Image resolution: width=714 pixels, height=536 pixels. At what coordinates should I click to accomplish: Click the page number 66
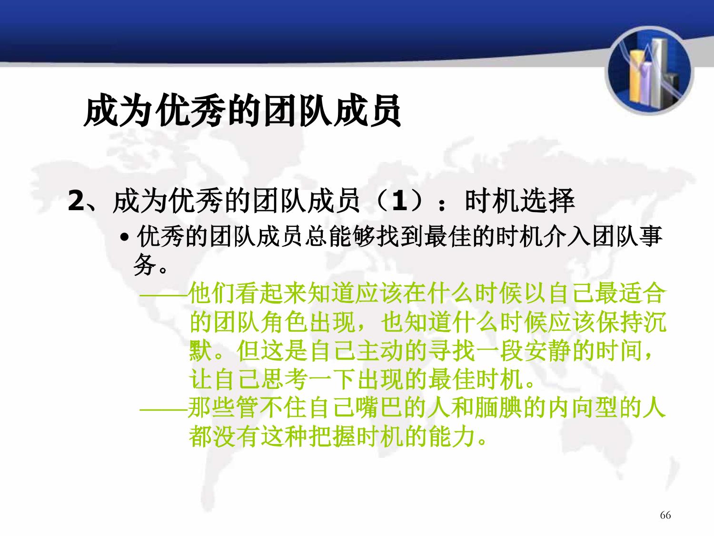coord(665,515)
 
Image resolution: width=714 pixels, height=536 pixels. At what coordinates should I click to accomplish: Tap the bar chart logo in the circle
coord(649,71)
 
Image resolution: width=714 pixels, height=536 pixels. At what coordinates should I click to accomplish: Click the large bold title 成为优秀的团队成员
coord(242,110)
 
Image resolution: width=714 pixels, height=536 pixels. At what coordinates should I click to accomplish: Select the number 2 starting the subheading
coord(76,201)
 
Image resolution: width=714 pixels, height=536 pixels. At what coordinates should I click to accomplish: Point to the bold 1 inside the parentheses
coord(399,201)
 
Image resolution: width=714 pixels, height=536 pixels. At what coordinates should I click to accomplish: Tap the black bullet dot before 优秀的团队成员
coord(124,238)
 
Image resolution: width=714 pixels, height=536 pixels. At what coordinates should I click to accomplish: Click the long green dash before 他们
coord(164,295)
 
